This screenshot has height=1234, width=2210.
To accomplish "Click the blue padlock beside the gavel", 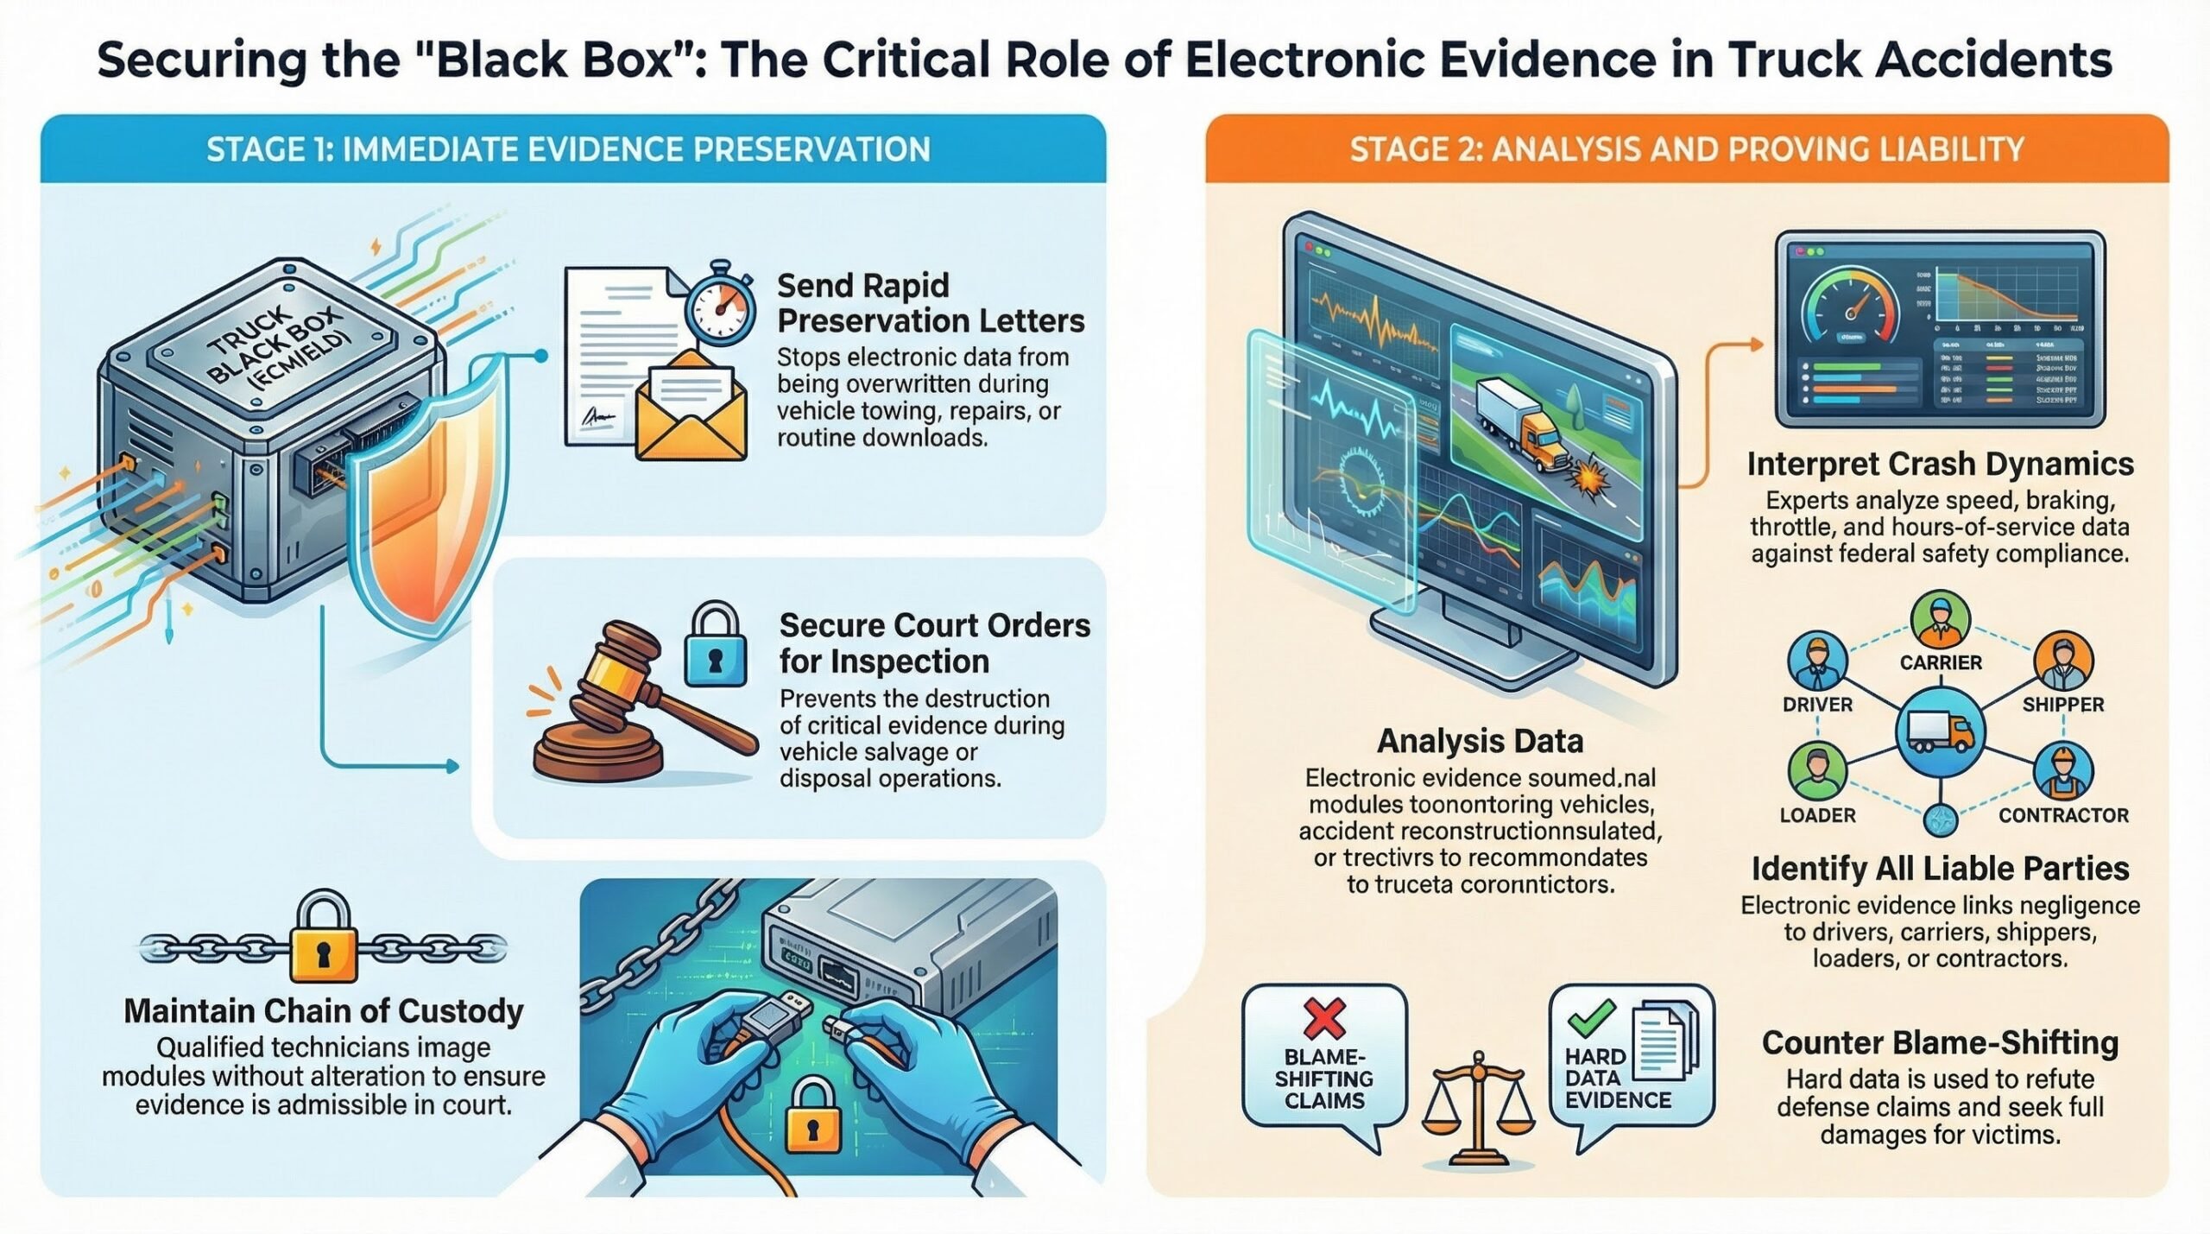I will point(714,647).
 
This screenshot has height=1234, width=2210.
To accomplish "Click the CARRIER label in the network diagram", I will point(1941,662).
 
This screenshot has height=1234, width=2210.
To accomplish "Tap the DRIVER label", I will point(1817,705).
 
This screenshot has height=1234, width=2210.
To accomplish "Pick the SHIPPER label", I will point(2062,705).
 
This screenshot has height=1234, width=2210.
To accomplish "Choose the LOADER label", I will point(1817,815).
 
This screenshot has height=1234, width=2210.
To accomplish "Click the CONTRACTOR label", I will point(2063,815).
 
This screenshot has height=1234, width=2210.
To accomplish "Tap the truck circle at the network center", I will point(1940,732).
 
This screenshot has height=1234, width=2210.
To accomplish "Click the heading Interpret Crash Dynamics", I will point(1940,464).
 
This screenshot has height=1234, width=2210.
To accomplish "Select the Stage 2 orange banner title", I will point(1686,149).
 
